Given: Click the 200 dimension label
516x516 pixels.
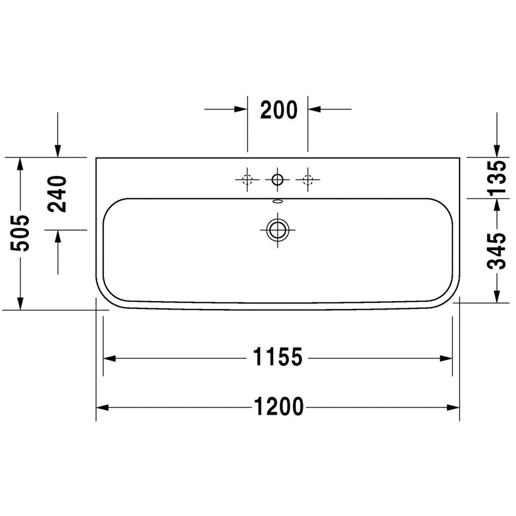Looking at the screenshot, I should click(279, 110).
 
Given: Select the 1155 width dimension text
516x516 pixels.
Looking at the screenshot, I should click(277, 358).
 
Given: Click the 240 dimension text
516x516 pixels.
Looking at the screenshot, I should click(58, 193).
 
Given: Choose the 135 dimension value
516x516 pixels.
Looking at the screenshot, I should click(497, 178).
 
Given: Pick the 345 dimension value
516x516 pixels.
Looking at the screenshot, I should click(497, 250).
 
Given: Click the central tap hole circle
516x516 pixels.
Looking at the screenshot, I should click(277, 179).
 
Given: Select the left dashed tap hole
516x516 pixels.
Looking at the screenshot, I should click(247, 179).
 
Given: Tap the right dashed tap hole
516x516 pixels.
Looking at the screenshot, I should click(308, 179).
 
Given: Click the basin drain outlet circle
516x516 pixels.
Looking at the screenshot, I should click(277, 229).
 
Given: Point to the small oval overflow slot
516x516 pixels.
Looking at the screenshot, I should click(277, 200).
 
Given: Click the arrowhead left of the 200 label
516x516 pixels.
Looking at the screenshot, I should click(241, 109).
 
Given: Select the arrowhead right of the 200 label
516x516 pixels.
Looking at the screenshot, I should click(314, 109).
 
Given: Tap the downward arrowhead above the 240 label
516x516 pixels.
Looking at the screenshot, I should click(58, 151).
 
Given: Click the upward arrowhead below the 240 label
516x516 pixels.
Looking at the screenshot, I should click(58, 236).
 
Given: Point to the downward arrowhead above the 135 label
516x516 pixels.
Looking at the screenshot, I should click(497, 151).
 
